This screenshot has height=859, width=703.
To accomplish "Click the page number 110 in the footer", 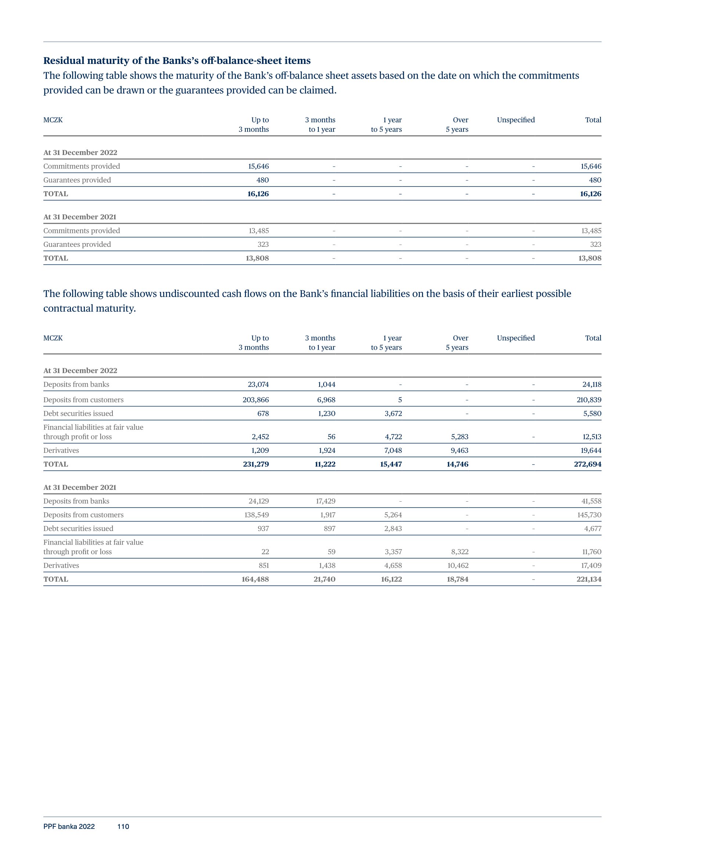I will click(123, 826).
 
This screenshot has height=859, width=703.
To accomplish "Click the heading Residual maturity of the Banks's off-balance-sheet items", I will click(177, 61).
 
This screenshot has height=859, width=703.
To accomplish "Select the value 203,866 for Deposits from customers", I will click(256, 400).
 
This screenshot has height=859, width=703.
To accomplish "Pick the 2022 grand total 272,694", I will click(587, 464).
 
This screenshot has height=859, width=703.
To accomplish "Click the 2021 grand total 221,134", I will click(589, 579).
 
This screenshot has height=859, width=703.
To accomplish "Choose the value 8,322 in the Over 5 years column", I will click(459, 551).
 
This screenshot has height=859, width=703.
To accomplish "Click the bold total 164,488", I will click(255, 579).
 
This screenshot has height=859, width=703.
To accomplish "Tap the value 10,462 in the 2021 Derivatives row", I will click(458, 565).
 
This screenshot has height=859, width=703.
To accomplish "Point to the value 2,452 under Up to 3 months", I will click(260, 436).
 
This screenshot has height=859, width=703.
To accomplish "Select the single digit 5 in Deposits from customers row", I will click(400, 400).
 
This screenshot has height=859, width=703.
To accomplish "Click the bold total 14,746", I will click(457, 464).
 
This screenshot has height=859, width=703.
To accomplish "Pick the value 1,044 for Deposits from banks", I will click(327, 384).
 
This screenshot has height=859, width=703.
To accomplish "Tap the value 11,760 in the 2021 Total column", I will click(591, 551).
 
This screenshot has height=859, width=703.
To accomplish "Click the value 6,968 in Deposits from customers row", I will click(326, 400).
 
